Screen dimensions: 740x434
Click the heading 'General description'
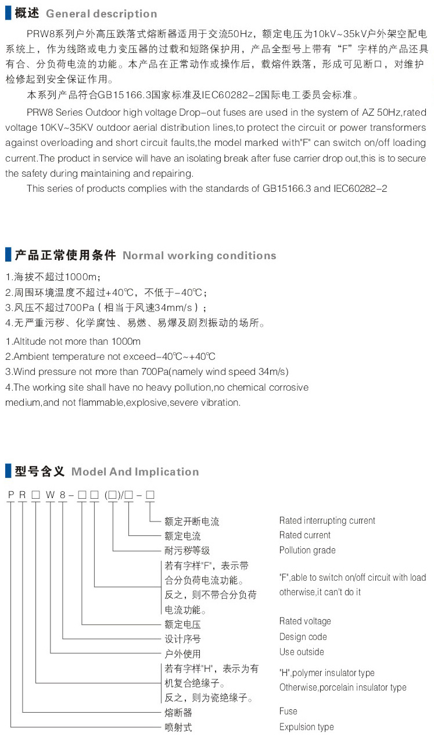click(x=101, y=13)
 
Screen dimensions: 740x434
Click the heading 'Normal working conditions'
click(x=199, y=256)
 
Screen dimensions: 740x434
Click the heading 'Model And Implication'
click(x=135, y=472)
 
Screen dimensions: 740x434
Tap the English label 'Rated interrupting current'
click(x=327, y=521)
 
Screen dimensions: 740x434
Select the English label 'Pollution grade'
click(x=307, y=550)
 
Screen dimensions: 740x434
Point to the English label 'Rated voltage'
click(x=305, y=621)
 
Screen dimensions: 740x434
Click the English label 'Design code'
click(x=303, y=637)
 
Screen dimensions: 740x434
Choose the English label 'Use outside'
click(x=302, y=652)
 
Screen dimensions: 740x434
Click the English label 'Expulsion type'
click(x=306, y=727)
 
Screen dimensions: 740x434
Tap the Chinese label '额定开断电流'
click(x=192, y=521)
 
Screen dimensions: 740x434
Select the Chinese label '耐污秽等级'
click(x=187, y=550)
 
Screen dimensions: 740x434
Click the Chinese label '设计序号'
click(x=182, y=639)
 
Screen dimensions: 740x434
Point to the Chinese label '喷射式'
click(x=178, y=727)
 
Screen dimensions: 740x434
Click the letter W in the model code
click(x=50, y=495)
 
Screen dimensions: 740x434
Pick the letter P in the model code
click(x=10, y=495)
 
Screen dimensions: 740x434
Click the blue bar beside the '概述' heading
click(x=8, y=13)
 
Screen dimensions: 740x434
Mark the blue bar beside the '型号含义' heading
click(x=8, y=471)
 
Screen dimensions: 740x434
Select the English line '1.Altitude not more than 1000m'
click(x=73, y=342)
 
